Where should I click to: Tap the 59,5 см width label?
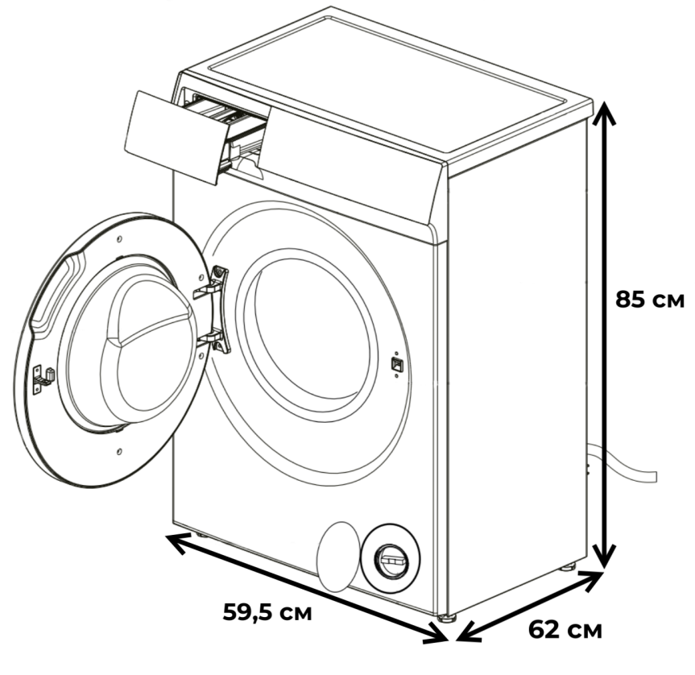267,612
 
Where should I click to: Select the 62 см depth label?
565,629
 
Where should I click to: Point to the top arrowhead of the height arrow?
604,112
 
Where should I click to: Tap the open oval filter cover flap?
337,557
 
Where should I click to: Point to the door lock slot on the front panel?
395,364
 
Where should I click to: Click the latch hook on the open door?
43,378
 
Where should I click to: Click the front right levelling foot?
447,618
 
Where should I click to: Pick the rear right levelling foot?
567,567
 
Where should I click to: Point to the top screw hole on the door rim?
119,239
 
